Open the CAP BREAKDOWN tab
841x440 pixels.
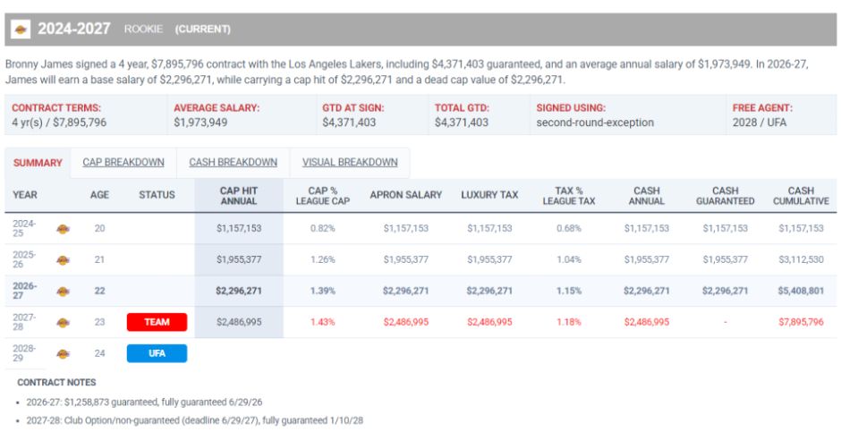click(x=123, y=163)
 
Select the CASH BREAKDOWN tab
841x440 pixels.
click(x=233, y=163)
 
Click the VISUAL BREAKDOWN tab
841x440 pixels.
click(x=350, y=163)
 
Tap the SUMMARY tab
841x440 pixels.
click(x=38, y=163)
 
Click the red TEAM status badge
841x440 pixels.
click(x=157, y=322)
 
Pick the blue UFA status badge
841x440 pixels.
click(x=157, y=353)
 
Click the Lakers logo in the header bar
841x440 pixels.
click(x=21, y=29)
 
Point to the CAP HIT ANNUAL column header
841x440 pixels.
click(x=239, y=196)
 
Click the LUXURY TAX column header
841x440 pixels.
click(x=489, y=195)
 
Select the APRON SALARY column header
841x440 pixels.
click(x=406, y=195)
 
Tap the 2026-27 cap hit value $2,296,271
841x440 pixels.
click(x=239, y=291)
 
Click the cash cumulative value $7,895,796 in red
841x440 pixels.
click(x=801, y=322)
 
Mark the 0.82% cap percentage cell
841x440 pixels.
click(x=322, y=228)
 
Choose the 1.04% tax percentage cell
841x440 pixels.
click(x=568, y=259)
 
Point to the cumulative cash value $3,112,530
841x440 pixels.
click(x=801, y=259)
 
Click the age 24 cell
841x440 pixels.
click(x=100, y=353)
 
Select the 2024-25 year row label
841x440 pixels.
click(x=24, y=228)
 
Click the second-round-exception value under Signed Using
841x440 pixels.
click(x=595, y=123)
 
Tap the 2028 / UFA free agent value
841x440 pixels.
click(x=760, y=123)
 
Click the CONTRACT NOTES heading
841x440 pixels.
click(x=56, y=382)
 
